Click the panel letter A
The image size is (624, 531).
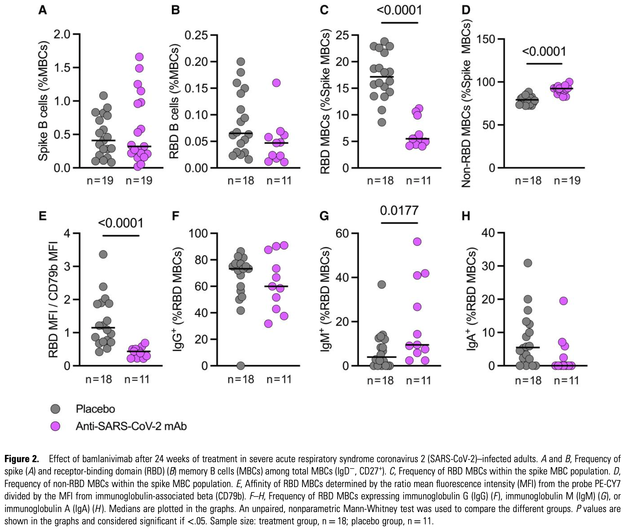point(42,10)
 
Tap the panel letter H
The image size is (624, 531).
point(466,216)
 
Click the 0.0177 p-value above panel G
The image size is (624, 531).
point(399,210)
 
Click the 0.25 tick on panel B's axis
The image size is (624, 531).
point(197,35)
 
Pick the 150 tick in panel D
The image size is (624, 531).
point(485,39)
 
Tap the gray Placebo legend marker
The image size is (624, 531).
point(55,409)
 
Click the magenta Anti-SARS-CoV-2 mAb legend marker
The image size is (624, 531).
point(55,426)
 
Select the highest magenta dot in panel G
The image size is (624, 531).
point(417,242)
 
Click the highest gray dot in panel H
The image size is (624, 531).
point(528,263)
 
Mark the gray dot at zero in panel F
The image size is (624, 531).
point(240,366)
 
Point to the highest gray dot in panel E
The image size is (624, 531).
point(103,254)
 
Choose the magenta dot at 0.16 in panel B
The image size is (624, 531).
point(277,83)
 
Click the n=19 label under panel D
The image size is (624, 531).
point(567,181)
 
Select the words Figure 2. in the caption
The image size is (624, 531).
point(21,459)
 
